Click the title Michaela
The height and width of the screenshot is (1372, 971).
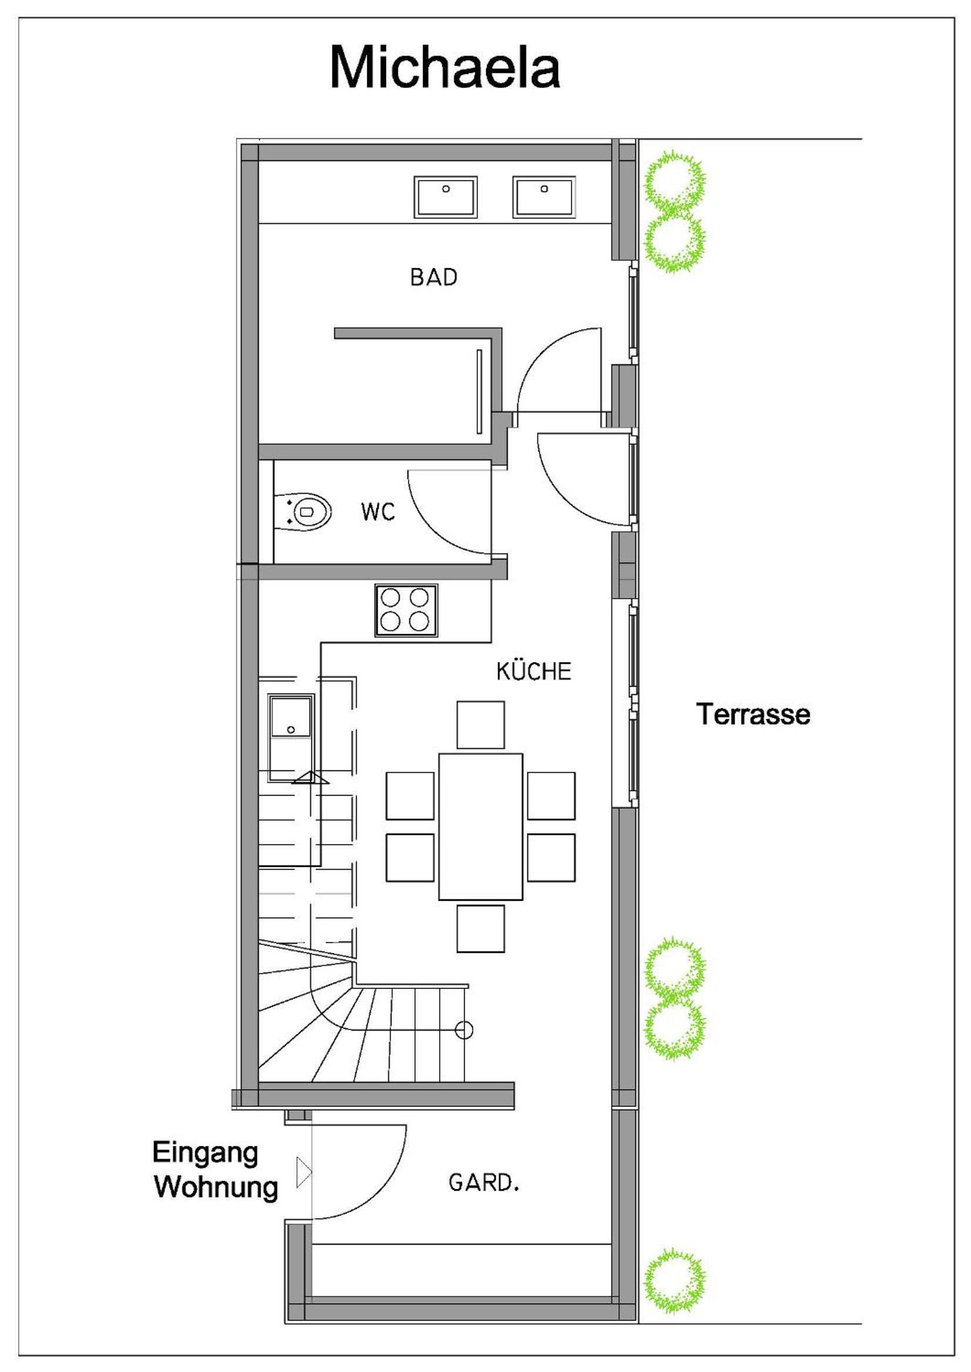click(x=445, y=67)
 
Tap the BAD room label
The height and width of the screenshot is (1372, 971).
click(x=433, y=277)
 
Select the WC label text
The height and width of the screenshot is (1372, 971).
click(x=378, y=512)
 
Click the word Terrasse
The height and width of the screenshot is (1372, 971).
click(x=753, y=714)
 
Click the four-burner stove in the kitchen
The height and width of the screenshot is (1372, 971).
click(x=407, y=611)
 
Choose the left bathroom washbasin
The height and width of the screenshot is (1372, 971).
click(x=446, y=197)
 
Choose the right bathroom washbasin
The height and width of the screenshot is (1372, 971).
click(x=544, y=197)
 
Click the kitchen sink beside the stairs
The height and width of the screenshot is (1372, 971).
click(x=291, y=738)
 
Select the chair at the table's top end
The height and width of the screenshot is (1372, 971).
click(x=481, y=725)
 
